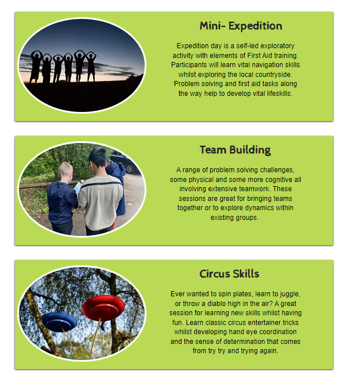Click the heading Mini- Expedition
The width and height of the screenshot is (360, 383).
[x=241, y=26]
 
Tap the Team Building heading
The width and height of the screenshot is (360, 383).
[x=235, y=150]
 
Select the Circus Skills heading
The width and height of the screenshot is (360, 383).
[x=229, y=274]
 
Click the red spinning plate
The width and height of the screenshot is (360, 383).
[x=103, y=308]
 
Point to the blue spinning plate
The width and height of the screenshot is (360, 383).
[x=59, y=322]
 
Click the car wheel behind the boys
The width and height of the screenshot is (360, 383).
[x=130, y=168]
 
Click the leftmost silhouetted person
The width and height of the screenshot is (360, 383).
[x=36, y=67]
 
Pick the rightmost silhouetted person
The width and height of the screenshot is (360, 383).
[x=91, y=66]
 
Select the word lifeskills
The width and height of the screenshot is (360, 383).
[x=280, y=93]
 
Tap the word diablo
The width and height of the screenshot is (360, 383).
[x=216, y=303]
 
